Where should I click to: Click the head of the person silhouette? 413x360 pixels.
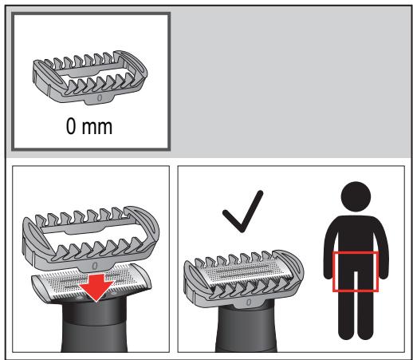pos(356,196)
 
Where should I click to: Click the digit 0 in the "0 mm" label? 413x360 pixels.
pos(71,126)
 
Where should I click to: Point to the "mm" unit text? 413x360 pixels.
pos(97,128)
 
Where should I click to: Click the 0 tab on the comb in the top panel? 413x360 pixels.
pos(100,98)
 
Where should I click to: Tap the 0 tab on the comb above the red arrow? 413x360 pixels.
pos(95,266)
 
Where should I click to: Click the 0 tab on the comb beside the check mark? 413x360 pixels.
pos(249,303)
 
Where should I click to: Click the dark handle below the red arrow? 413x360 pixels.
pos(94,327)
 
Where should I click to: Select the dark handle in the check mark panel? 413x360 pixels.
pos(246,330)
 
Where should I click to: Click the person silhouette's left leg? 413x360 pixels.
pos(346,314)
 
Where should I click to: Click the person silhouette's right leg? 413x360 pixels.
pos(366,314)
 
